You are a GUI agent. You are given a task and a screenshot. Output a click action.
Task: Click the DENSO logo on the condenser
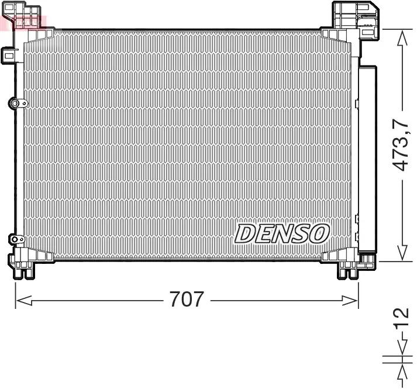[282, 234]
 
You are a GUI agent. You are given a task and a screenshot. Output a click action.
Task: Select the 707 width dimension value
[187, 300]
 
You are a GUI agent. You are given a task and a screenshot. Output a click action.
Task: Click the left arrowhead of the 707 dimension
[22, 300]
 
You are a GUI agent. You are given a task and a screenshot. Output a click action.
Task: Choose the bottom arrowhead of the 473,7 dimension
[402, 252]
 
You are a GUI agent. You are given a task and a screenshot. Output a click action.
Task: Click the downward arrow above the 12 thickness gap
[402, 349]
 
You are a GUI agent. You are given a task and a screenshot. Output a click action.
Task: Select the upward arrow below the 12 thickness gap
[402, 371]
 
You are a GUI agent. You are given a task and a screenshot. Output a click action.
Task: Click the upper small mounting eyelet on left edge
[16, 104]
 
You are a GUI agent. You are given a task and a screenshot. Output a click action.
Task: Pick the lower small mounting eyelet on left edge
[15, 239]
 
